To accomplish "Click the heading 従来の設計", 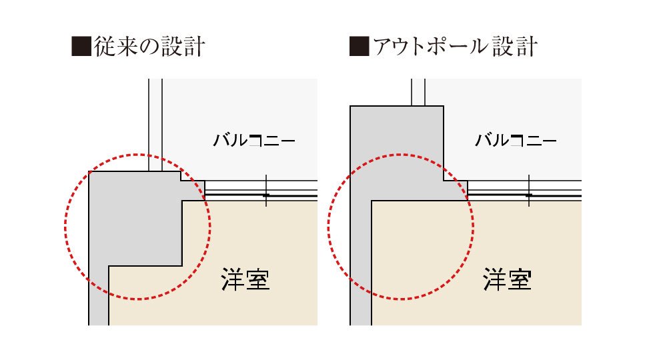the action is point(149,46).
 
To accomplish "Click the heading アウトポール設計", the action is point(455,46).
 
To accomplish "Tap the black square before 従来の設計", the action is point(81,46).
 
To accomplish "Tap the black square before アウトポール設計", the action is point(359,46).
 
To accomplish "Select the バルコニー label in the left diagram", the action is point(254,140).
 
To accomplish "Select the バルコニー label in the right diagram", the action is point(516,140).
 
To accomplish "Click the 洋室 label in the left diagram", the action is point(245,279).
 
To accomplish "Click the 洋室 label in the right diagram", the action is point(507,279).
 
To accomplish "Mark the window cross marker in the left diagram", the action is point(266,191).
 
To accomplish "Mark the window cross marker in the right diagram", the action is point(529,191).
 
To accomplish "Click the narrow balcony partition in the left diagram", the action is point(155,125).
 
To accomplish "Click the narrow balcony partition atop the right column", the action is point(418,93).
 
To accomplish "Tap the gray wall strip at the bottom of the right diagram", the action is point(361,264).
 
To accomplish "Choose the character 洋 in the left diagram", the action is point(233,279).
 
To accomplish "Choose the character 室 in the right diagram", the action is point(520,279).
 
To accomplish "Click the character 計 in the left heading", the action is point(194,46).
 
